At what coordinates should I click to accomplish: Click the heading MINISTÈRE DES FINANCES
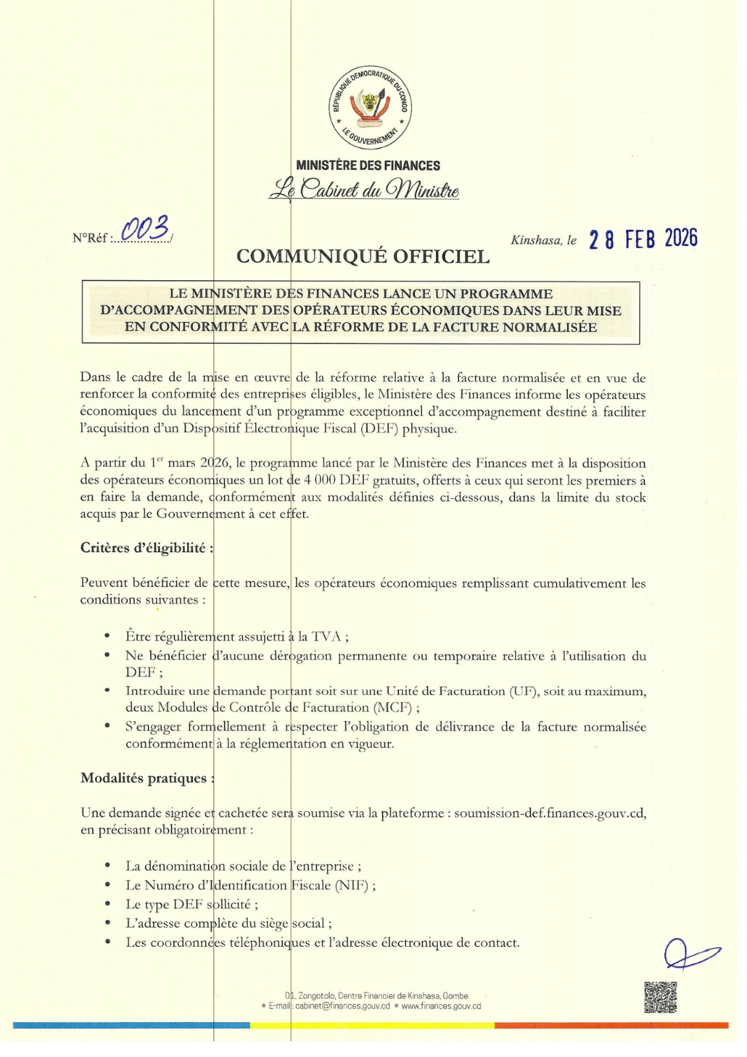point(368,166)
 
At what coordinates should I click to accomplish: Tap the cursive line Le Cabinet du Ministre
point(363,190)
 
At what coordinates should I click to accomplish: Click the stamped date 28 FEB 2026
point(643,239)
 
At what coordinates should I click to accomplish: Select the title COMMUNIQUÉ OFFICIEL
point(363,256)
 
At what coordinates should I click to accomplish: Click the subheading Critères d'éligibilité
point(147,548)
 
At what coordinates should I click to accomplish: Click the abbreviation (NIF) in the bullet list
point(352,885)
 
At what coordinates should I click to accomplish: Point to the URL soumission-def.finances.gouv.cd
point(550,813)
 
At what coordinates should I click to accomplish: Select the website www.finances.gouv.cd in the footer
point(441,1006)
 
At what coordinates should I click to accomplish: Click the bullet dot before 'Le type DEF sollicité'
point(108,904)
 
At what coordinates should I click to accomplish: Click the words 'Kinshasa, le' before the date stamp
point(543,240)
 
